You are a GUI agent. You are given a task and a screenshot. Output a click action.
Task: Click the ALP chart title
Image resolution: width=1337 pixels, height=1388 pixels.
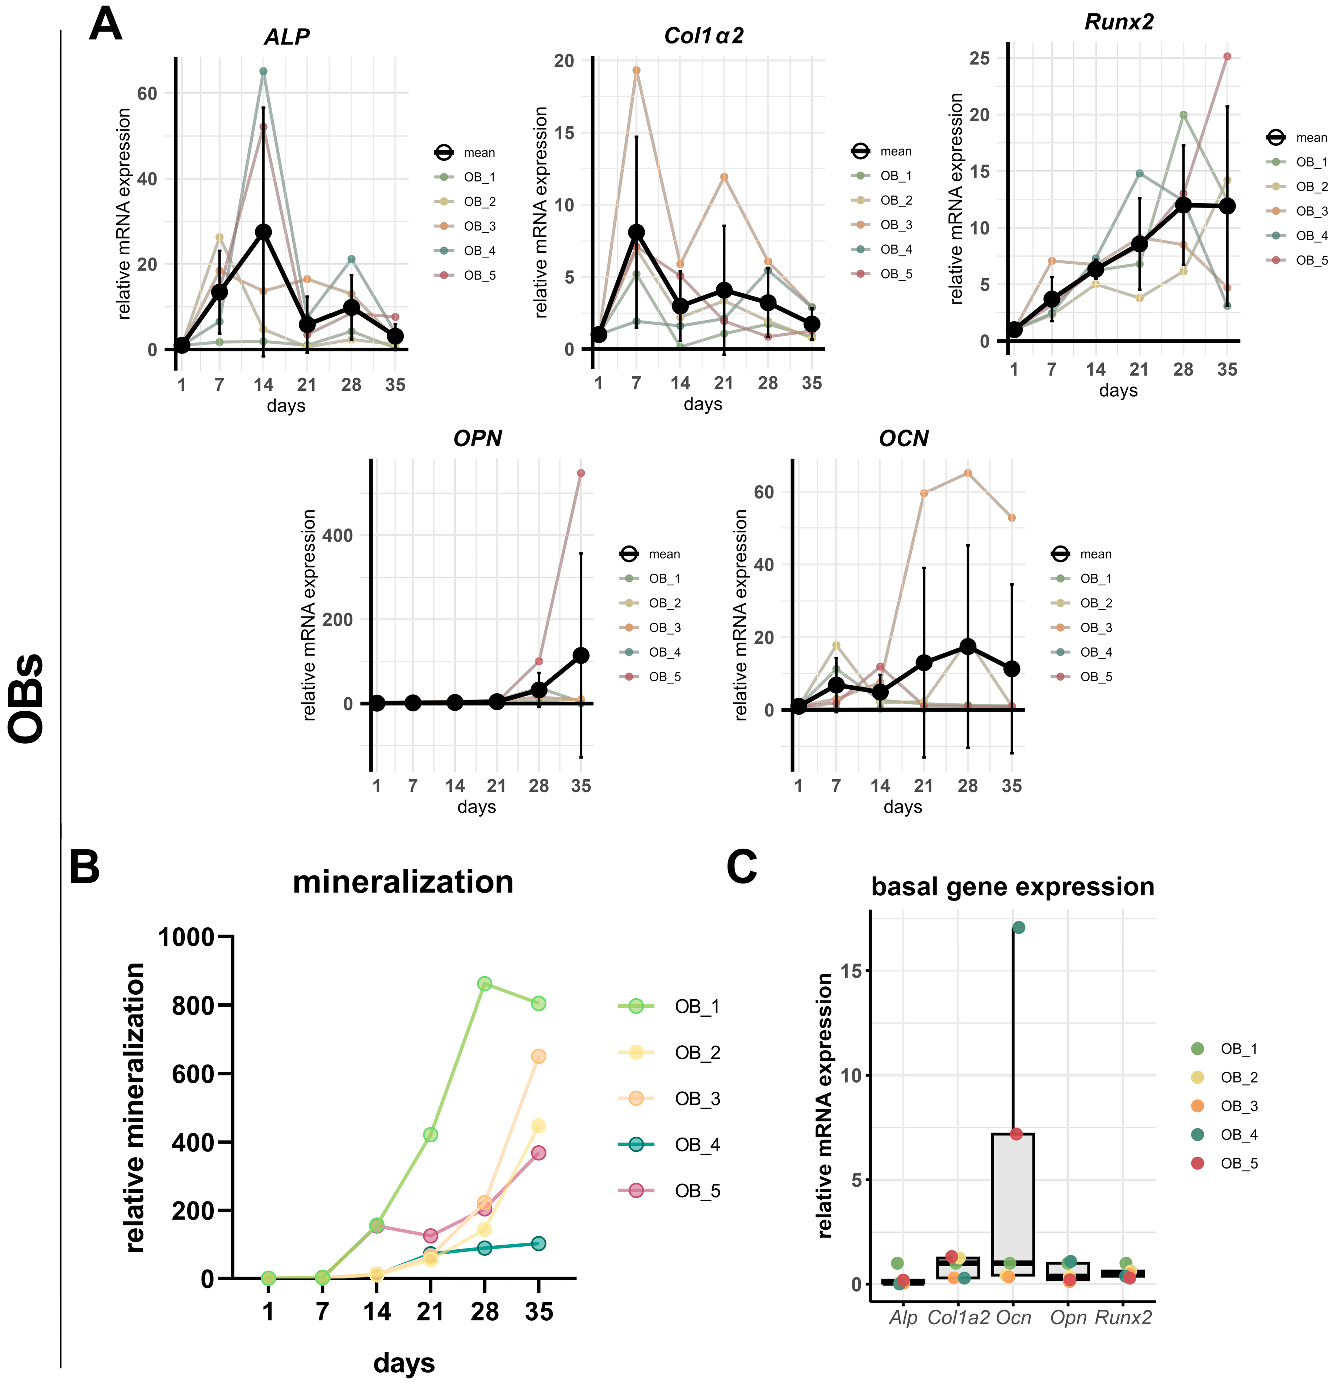coord(287,37)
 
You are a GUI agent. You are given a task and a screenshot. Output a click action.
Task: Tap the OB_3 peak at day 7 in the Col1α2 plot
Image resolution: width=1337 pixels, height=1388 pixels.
coord(636,70)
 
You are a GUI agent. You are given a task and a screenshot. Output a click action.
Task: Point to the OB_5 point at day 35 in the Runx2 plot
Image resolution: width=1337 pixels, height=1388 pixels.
coord(1227,57)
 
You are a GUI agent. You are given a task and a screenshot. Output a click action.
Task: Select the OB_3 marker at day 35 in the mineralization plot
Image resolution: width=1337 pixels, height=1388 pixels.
coord(538,1056)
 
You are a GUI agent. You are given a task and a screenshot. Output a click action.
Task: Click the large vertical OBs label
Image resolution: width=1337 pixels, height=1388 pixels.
coord(28,698)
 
